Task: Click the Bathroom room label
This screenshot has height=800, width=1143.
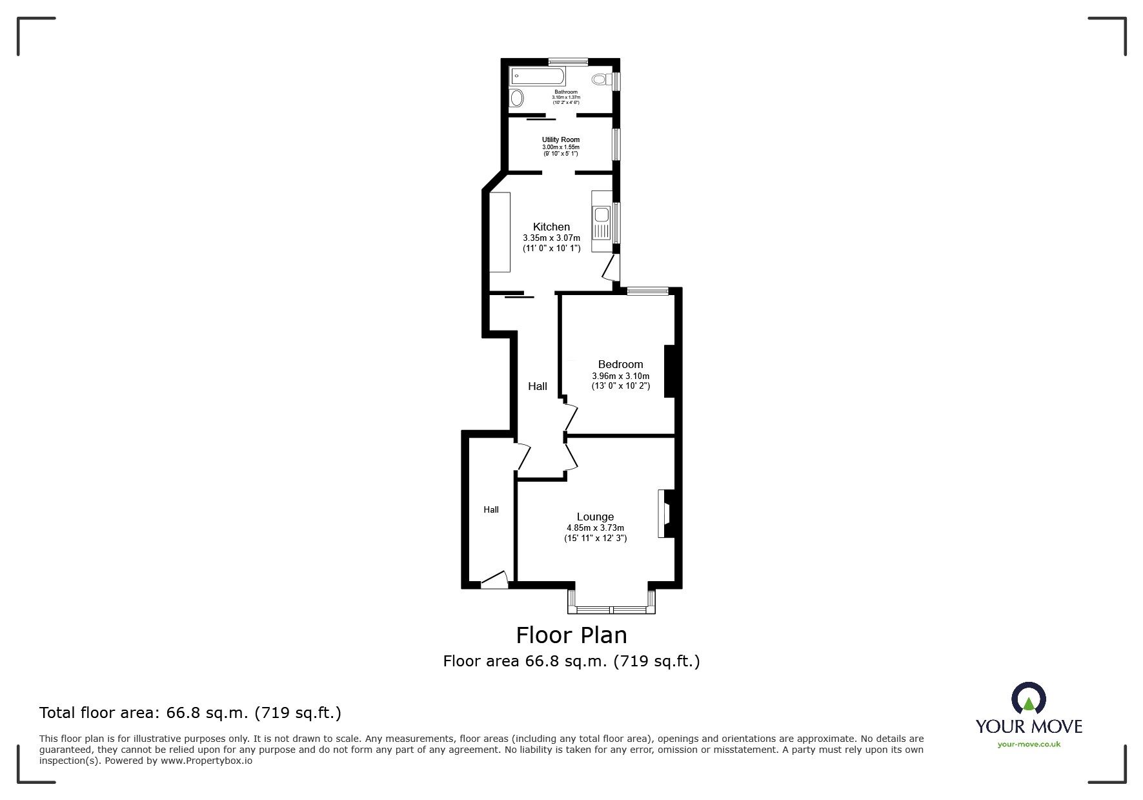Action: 565,92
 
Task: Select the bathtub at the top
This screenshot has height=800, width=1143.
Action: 538,77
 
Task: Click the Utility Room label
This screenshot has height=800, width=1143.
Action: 560,139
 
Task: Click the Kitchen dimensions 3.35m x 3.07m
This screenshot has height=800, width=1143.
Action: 551,238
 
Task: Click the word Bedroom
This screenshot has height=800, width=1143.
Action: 620,364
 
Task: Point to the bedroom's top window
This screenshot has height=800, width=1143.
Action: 648,291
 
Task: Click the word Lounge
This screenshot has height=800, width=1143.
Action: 595,517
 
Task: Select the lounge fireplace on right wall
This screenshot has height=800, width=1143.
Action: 665,513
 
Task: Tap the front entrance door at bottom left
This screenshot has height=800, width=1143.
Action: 495,580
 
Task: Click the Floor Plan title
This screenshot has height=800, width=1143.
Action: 571,635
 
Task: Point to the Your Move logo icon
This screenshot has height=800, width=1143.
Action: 1028,699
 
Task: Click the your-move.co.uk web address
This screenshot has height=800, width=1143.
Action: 1029,744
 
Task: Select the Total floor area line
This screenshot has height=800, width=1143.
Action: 190,713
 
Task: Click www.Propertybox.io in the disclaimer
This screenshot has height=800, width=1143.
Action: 206,761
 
